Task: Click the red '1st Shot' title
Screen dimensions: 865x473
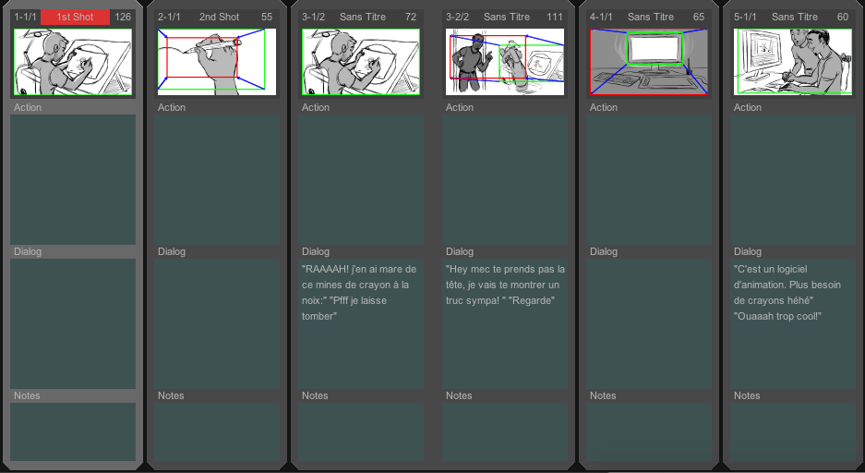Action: [x=75, y=18]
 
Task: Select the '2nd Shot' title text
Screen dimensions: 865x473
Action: [x=219, y=18]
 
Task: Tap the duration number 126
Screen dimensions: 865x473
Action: [x=123, y=18]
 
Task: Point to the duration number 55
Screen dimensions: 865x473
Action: [x=267, y=18]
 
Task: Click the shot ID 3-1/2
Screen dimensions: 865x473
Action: [x=313, y=18]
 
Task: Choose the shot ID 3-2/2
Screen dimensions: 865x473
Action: [x=457, y=18]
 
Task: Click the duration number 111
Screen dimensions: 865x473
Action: [x=555, y=18]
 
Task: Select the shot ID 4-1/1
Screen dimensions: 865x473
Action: [x=601, y=18]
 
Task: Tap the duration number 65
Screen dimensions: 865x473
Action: [x=699, y=18]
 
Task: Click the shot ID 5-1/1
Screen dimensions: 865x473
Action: [x=745, y=18]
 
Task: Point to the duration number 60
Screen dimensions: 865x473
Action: [x=842, y=18]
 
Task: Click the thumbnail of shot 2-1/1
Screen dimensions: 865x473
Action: [x=217, y=62]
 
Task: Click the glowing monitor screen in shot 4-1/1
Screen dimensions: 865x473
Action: [x=655, y=49]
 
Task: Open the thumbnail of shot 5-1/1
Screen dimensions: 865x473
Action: [x=793, y=62]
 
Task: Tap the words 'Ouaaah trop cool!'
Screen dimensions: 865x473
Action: [x=778, y=316]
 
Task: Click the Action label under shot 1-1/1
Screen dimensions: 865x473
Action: [x=28, y=107]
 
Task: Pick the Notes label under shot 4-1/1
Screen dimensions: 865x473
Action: [x=603, y=395]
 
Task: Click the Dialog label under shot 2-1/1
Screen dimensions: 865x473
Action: [x=172, y=251]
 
